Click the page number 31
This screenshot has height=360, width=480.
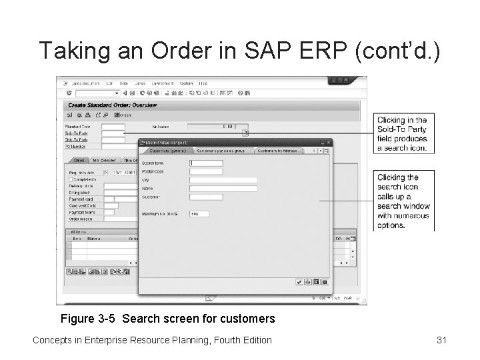(x=441, y=340)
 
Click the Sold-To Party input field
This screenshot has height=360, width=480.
(x=113, y=133)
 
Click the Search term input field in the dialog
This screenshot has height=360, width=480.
(x=206, y=163)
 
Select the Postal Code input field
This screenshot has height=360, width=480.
(x=206, y=171)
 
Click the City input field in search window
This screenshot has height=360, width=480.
(x=223, y=180)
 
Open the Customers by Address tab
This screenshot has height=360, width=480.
(x=279, y=151)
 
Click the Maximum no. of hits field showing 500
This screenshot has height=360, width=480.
(x=199, y=213)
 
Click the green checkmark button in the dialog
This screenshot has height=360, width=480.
(x=299, y=282)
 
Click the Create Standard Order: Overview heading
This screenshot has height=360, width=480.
(x=111, y=105)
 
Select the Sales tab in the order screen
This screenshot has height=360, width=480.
(x=79, y=160)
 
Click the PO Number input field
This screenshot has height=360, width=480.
(x=113, y=145)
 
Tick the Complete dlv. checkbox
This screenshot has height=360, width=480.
(x=71, y=179)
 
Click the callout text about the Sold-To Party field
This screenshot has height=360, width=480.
(x=401, y=134)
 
